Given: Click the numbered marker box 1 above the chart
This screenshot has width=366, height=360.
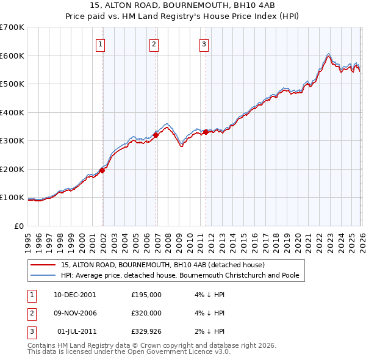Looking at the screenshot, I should [x=100, y=44].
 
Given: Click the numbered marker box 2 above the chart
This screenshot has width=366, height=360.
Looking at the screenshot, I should [x=154, y=44].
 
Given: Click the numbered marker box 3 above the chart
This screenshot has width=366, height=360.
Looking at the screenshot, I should [x=204, y=44].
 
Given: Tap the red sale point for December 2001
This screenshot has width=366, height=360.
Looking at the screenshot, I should [x=102, y=171].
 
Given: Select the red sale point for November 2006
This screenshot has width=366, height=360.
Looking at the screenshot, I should [x=156, y=135].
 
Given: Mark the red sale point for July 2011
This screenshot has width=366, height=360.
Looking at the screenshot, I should [x=206, y=132].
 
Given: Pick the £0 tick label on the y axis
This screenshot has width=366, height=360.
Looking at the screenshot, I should [x=18, y=226].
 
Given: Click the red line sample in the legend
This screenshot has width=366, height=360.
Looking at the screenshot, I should [x=43, y=265].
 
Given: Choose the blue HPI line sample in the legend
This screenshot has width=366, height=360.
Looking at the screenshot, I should [x=43, y=276].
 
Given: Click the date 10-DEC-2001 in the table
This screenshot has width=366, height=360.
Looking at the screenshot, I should [x=74, y=295].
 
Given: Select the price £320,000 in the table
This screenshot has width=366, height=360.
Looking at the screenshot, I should [x=146, y=313].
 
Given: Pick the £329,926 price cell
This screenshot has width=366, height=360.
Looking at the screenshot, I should [x=146, y=331].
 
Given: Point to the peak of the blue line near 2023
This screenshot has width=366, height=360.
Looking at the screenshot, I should [x=329, y=53].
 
